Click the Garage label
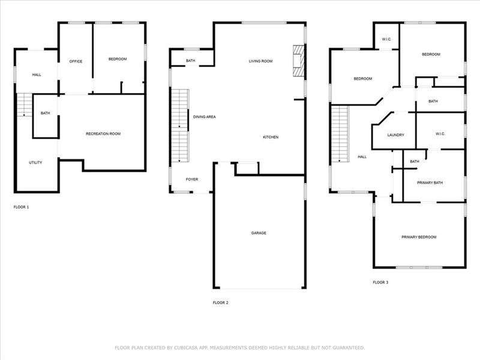click(259, 233)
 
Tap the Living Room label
click(260, 61)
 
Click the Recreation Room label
click(103, 134)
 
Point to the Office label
click(76, 61)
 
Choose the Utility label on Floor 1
click(35, 163)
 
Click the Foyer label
click(192, 179)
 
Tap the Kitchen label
click(271, 137)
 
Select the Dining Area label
click(204, 117)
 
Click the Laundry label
click(395, 135)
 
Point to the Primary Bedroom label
click(419, 237)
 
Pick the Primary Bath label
click(430, 183)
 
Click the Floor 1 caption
click(21, 207)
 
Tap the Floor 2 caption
click(220, 303)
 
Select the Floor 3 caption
click(380, 282)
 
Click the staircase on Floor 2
click(179, 125)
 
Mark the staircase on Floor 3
click(340, 134)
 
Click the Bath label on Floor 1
click(46, 113)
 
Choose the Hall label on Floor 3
click(362, 157)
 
